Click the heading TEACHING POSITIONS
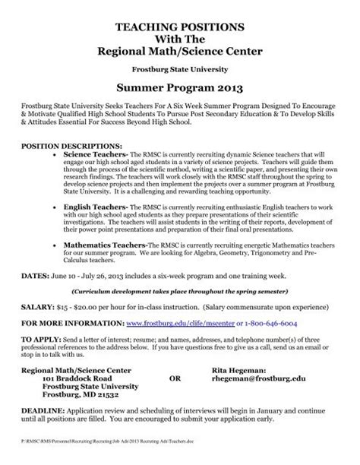180,26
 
